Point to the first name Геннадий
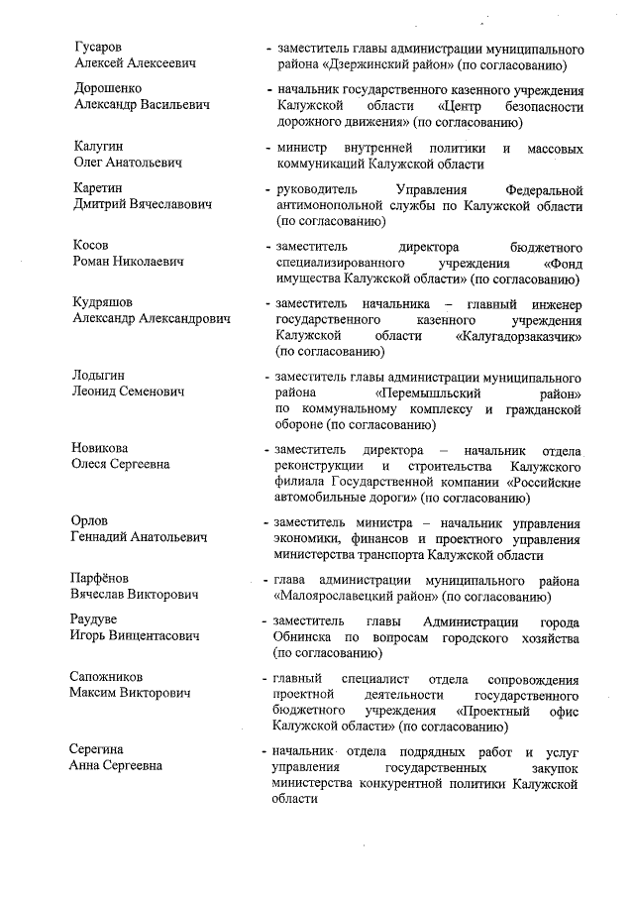[104, 537]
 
